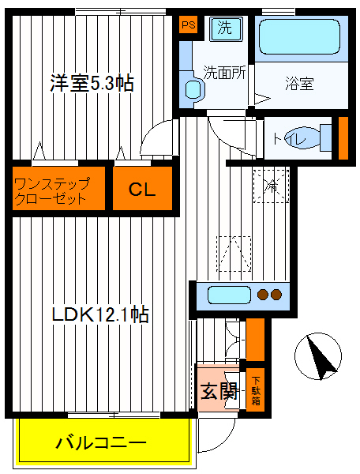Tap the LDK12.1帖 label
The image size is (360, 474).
[x=100, y=314]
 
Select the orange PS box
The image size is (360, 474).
[x=188, y=25]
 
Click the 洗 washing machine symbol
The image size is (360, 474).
[x=225, y=29]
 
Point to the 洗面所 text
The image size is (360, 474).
[x=224, y=71]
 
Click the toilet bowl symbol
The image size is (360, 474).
[x=311, y=137]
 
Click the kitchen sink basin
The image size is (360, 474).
[x=227, y=296]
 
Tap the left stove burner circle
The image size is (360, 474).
[x=261, y=296]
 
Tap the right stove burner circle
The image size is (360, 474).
[x=276, y=296]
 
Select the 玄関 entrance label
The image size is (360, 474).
[x=218, y=389]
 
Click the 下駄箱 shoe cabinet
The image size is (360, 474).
[x=256, y=389]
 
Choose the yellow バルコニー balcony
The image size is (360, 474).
[x=101, y=442]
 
